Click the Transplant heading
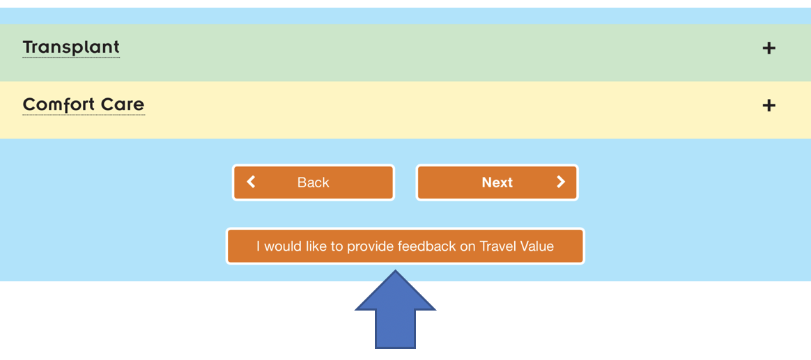71,47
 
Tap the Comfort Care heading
84,105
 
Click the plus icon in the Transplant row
769,48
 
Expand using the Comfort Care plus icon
769,106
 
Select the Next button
497,182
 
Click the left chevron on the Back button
251,182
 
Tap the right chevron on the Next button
561,182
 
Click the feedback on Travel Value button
405,246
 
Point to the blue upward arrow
395,309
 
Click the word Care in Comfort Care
123,105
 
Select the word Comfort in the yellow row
59,105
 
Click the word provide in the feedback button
371,246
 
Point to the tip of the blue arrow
395,270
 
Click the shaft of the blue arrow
395,329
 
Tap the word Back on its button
314,182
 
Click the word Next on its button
497,182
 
